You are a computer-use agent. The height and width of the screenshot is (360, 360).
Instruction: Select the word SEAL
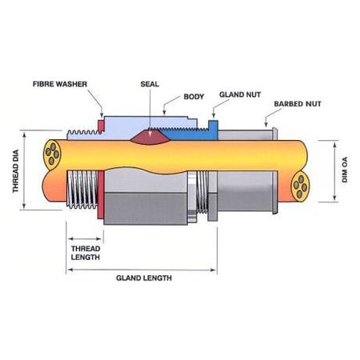(x=149, y=83)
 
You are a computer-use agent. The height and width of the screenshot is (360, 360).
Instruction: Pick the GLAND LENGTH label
(x=145, y=280)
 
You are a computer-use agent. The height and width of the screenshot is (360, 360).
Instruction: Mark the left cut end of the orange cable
(x=52, y=156)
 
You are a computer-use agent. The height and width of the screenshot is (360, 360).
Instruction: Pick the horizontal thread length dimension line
(x=83, y=240)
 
